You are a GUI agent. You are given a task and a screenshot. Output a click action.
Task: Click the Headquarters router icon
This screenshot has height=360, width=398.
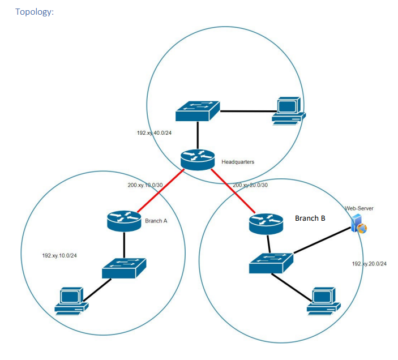click(x=198, y=160)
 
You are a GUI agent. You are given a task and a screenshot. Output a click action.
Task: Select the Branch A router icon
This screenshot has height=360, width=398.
click(x=124, y=220)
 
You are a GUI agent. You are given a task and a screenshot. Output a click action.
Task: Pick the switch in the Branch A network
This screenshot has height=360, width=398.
click(x=124, y=268)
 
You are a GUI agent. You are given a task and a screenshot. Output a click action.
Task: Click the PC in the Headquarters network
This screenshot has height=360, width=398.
click(x=288, y=110)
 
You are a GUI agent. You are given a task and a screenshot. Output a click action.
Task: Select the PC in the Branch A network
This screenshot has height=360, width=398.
click(x=72, y=301)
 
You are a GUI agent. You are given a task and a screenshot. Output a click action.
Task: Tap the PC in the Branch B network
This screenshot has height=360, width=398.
click(x=324, y=301)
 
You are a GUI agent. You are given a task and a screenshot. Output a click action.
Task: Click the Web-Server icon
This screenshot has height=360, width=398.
click(x=358, y=224)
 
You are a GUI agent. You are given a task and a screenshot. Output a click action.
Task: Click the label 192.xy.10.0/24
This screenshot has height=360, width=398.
click(x=59, y=255)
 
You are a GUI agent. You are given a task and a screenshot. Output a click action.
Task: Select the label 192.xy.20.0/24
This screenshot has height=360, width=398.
click(x=369, y=264)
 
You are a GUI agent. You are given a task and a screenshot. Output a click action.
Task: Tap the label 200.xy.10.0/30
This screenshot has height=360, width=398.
click(x=146, y=185)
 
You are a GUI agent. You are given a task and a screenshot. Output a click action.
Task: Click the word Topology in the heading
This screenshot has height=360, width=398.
click(x=34, y=11)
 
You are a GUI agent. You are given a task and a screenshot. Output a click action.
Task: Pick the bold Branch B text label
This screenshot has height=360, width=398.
click(x=310, y=217)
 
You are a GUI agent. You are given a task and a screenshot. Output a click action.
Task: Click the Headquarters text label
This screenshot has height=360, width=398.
click(x=238, y=162)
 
